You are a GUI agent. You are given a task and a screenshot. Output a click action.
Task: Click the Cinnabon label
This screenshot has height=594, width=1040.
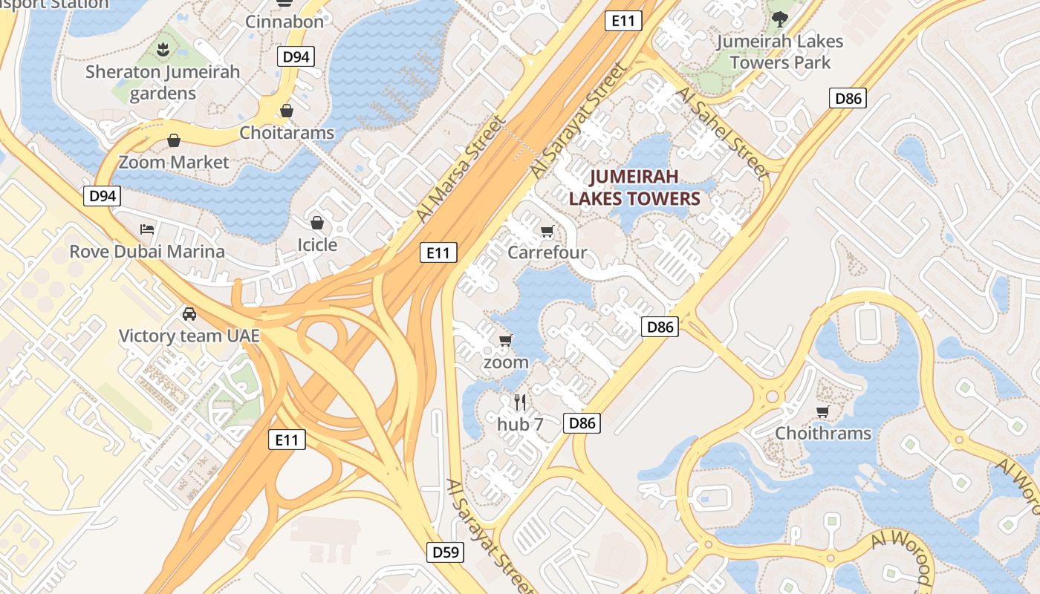(x=285, y=22)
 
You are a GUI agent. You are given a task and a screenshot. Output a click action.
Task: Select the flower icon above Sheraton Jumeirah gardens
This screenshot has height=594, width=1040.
(x=163, y=49)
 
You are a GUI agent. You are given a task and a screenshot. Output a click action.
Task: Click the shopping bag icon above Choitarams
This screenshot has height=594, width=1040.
(x=286, y=111)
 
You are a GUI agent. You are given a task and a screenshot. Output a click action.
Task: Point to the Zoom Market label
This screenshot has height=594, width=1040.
(x=174, y=162)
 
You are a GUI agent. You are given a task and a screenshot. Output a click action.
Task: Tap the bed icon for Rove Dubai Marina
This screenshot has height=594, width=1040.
(x=147, y=229)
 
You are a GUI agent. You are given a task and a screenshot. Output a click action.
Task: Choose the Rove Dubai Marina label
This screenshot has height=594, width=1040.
(x=147, y=252)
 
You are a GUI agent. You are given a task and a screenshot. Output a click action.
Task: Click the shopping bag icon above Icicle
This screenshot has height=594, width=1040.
(x=317, y=223)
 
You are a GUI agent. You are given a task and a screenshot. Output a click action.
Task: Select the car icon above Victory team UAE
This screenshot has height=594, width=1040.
(x=189, y=313)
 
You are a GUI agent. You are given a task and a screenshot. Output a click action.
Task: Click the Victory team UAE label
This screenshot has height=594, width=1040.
(x=189, y=336)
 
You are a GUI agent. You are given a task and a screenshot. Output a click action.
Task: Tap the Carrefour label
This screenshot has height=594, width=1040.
(x=547, y=252)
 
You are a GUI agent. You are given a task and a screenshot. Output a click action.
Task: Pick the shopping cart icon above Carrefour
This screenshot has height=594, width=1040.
(x=547, y=231)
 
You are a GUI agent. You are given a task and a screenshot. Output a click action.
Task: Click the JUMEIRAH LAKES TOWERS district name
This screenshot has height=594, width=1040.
(x=634, y=187)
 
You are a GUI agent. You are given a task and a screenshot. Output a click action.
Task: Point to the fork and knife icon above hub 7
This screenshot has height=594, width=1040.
(x=520, y=402)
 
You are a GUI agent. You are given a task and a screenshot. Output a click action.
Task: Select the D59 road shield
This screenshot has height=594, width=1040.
(x=446, y=552)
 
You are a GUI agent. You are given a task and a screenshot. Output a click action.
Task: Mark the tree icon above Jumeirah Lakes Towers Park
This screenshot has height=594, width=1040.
(x=779, y=19)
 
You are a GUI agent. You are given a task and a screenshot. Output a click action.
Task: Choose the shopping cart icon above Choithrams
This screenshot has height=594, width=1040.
(x=822, y=411)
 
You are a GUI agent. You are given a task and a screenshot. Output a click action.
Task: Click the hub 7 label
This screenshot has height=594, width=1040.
(x=520, y=425)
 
